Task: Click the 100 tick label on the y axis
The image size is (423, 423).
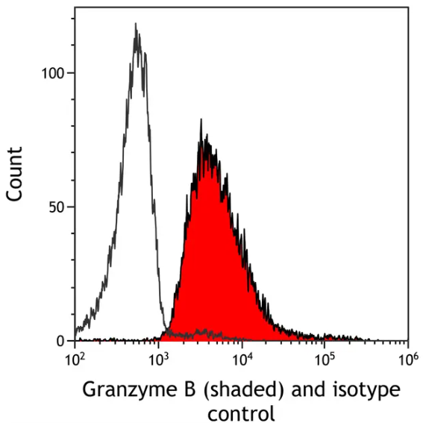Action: click(x=54, y=73)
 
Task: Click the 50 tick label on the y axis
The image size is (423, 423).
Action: click(x=57, y=207)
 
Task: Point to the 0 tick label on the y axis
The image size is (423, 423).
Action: click(x=63, y=341)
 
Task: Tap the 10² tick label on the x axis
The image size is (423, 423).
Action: click(x=75, y=360)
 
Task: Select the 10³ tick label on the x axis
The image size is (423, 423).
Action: click(x=158, y=360)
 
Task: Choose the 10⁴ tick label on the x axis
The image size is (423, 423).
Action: click(x=241, y=360)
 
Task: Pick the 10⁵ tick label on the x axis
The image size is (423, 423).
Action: click(x=325, y=360)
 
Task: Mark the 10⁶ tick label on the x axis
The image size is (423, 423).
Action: click(x=407, y=360)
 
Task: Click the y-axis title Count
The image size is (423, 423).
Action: click(x=14, y=173)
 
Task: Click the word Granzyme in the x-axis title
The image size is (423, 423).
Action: click(x=119, y=390)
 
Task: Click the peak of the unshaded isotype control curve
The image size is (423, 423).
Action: click(x=135, y=24)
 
